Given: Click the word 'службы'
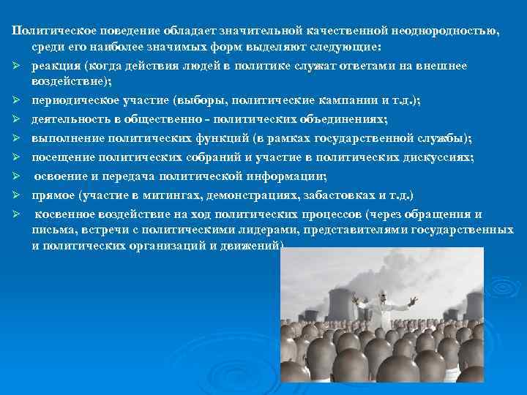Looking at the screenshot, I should (457, 138).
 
